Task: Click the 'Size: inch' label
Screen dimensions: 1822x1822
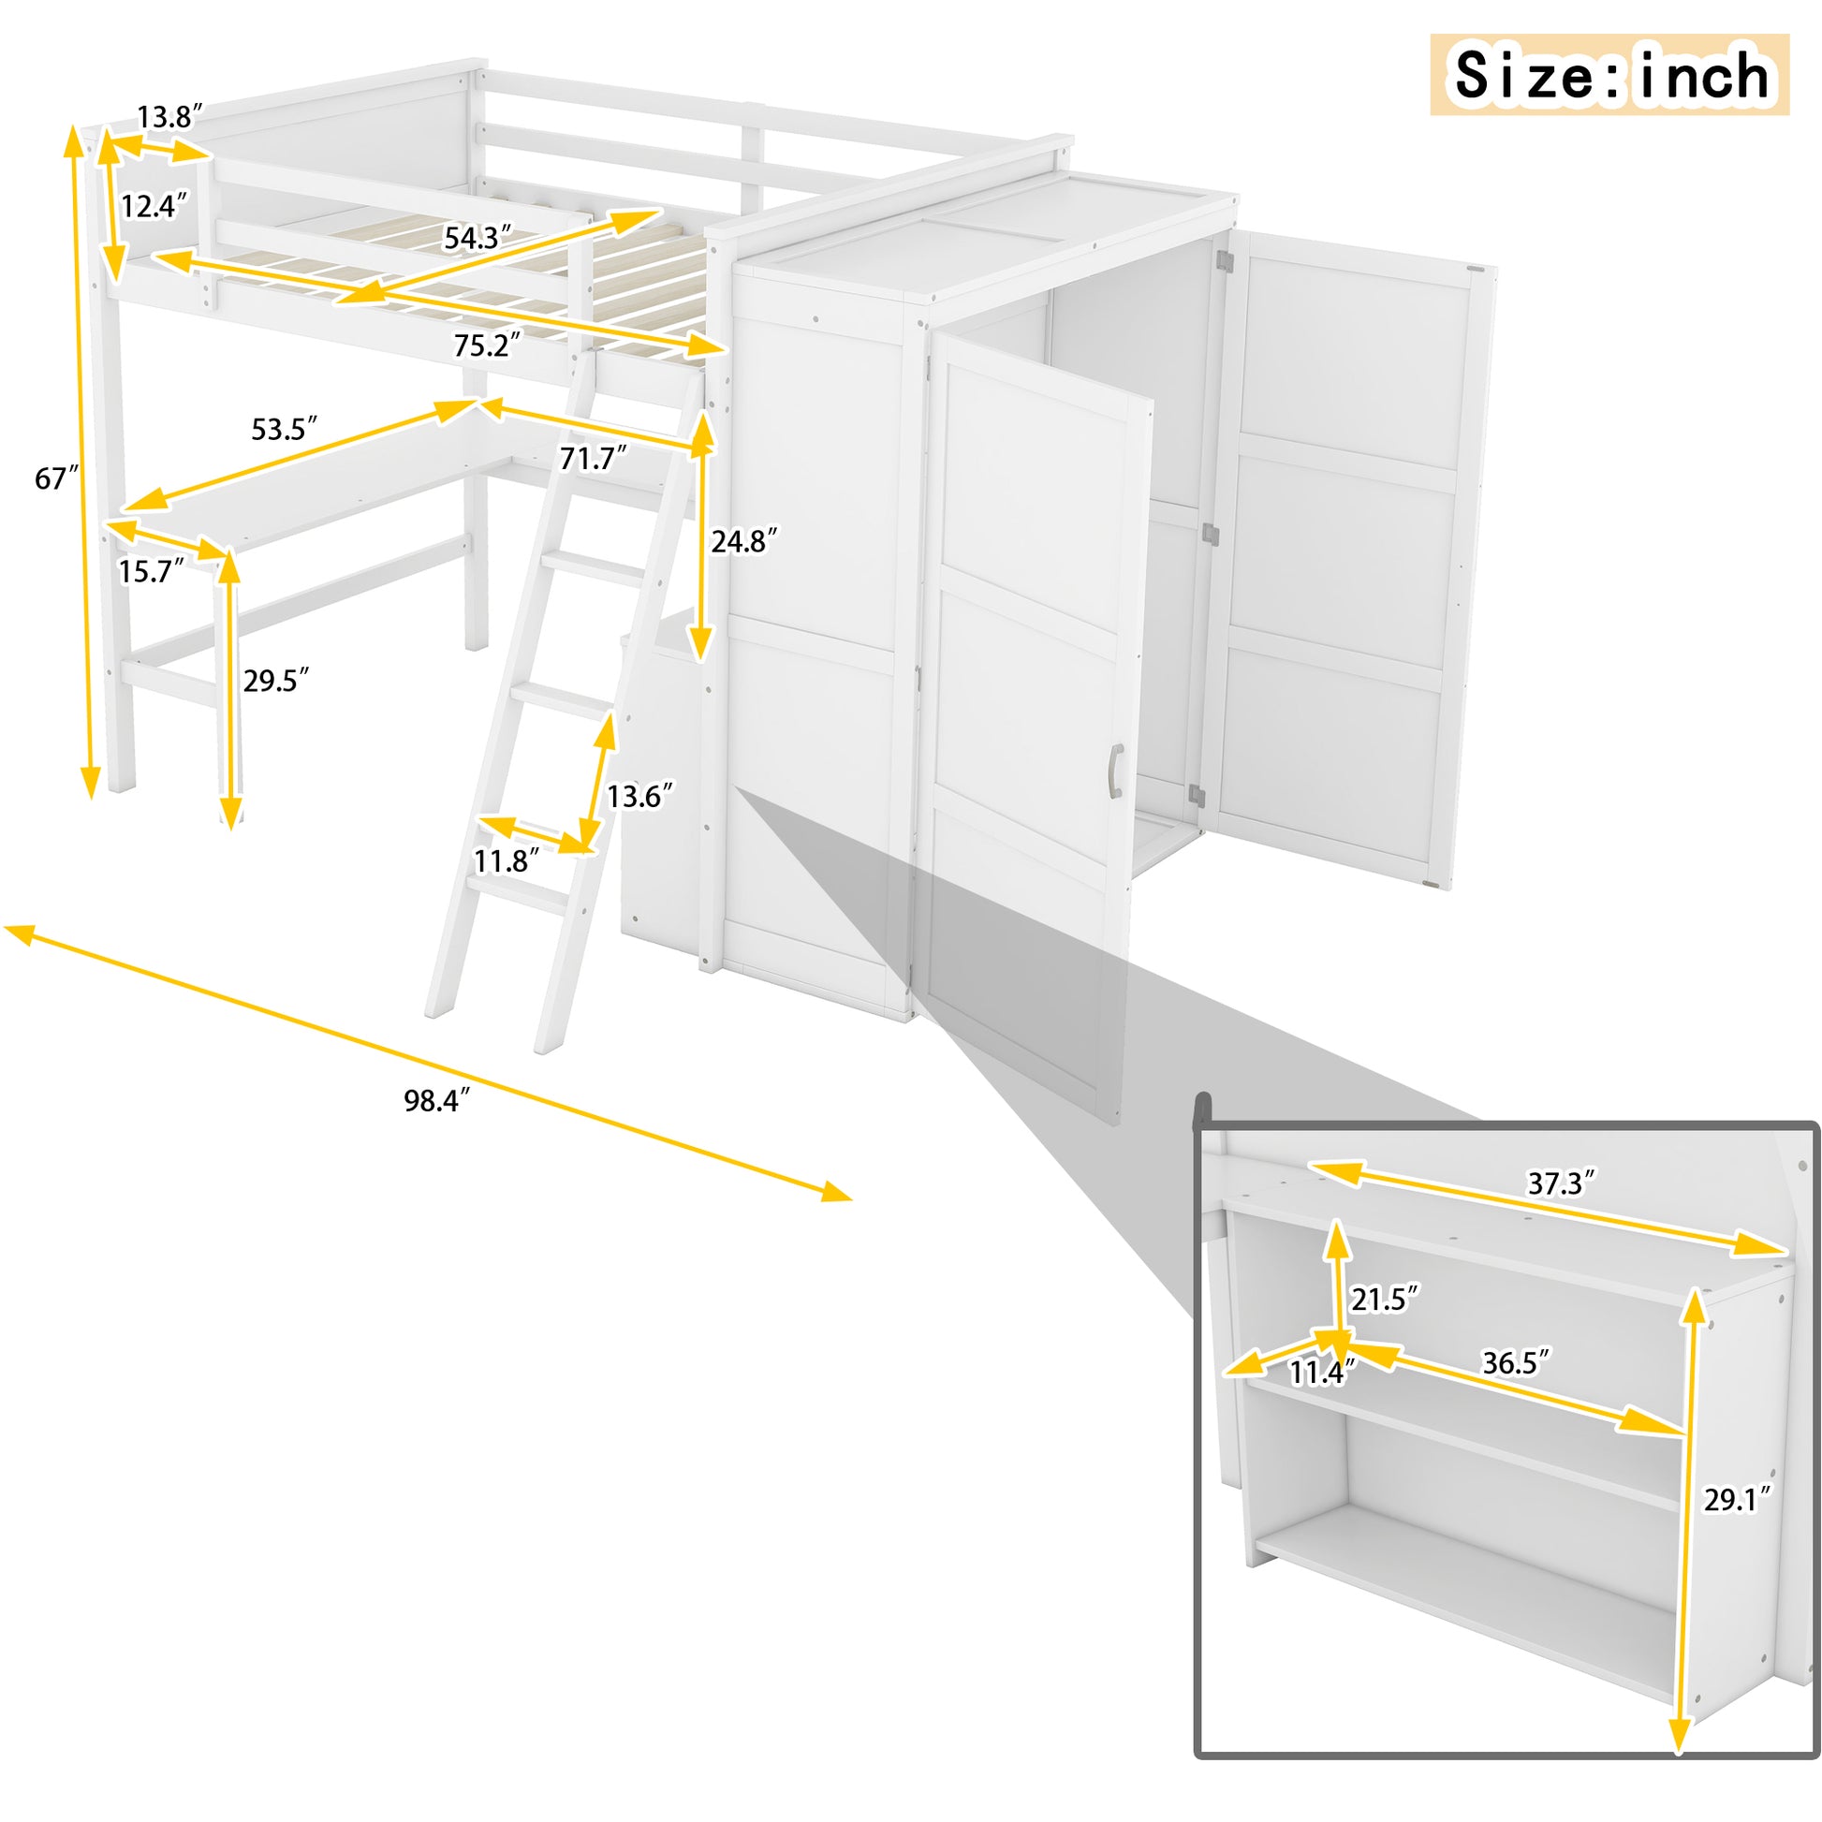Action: pos(1609,76)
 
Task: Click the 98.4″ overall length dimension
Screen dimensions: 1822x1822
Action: pos(436,1099)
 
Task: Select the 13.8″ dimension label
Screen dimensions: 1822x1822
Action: pos(169,118)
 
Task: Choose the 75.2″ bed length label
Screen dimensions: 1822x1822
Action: pos(487,346)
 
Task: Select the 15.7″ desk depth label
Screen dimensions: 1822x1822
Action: pos(151,570)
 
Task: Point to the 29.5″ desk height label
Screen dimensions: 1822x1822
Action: pos(276,680)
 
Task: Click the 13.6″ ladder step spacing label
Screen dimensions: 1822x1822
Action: pos(640,796)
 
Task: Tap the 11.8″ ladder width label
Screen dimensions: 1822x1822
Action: pos(507,860)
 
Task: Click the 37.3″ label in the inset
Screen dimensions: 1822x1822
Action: pos(1562,1183)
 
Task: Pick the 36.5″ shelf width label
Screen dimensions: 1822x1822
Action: pos(1516,1362)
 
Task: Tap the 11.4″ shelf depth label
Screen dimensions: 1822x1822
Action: pos(1323,1374)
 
